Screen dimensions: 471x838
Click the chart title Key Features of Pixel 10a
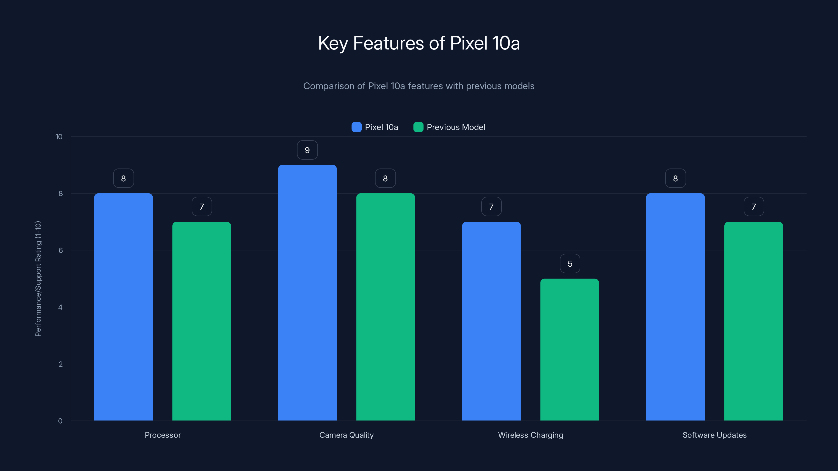[x=419, y=43]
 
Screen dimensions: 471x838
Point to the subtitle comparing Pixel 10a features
[x=419, y=86]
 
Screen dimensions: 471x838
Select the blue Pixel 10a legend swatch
[x=356, y=127]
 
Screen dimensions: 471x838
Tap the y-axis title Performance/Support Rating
[x=38, y=279]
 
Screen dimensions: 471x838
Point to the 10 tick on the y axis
[x=59, y=137]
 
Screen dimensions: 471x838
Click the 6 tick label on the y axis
[x=60, y=250]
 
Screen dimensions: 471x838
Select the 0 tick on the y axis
[x=60, y=421]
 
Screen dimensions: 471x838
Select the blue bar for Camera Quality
[x=307, y=293]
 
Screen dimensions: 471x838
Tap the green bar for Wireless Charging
[x=569, y=349]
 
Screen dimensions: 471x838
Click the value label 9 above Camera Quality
[x=307, y=150]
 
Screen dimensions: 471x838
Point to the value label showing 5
[x=570, y=263]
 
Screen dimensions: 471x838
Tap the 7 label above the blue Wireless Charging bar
[x=491, y=207]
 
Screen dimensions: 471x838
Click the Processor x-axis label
[x=163, y=435]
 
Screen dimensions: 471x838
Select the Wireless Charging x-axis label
[x=531, y=435]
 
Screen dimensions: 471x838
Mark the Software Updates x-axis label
[x=714, y=435]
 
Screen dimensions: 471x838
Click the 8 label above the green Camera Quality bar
[x=385, y=178]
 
